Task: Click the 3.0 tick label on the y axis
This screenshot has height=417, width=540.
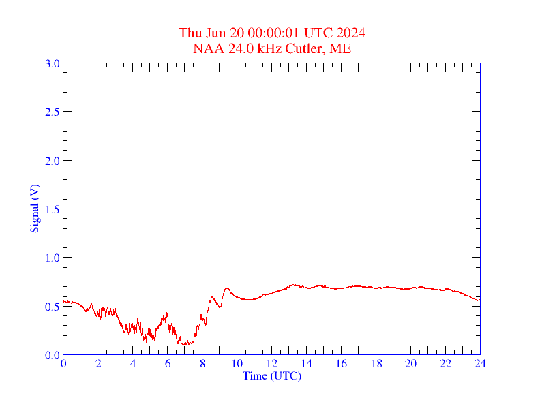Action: click(x=52, y=63)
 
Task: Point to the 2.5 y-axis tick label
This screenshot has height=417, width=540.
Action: click(x=52, y=112)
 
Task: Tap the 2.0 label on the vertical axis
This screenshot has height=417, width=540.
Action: click(x=52, y=161)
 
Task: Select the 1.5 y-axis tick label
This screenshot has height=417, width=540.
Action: click(x=52, y=209)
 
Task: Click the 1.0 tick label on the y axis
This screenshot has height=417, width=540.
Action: click(x=52, y=258)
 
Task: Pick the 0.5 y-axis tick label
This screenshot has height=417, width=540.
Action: click(x=52, y=307)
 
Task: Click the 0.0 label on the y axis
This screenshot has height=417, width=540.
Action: click(x=52, y=355)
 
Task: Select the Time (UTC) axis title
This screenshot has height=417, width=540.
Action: click(x=272, y=375)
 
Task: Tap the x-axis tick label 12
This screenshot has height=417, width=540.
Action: click(x=272, y=364)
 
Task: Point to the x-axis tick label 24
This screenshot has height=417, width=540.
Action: click(x=480, y=364)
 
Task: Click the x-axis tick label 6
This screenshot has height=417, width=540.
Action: click(x=168, y=364)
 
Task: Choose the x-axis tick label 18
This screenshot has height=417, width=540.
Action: click(x=376, y=364)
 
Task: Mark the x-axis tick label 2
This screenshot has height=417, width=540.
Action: click(x=98, y=364)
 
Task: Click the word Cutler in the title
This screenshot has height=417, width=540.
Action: click(x=310, y=48)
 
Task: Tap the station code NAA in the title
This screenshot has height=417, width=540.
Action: click(x=206, y=48)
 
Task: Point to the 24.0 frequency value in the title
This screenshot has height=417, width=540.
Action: click(x=235, y=48)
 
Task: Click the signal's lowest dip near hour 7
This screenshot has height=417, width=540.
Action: click(x=184, y=344)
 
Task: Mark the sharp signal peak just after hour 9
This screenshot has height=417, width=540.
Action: click(x=226, y=288)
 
